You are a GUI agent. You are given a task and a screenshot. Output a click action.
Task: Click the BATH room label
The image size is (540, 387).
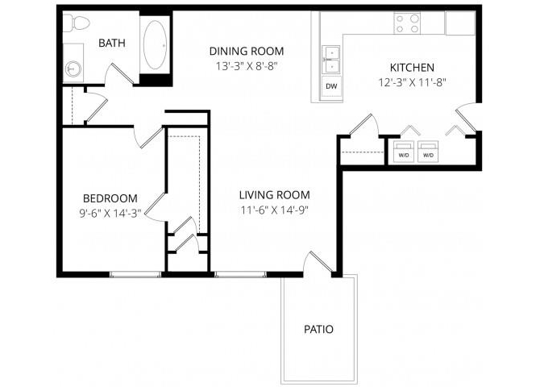coord(111,43)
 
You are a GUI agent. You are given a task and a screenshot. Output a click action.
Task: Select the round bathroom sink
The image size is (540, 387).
coord(73,69)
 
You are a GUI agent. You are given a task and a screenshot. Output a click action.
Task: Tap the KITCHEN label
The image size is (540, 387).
coord(412,68)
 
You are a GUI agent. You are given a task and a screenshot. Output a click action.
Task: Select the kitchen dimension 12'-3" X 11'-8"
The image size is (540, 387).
coord(412,81)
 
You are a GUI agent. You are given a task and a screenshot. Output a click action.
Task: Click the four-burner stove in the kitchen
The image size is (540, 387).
coord(408,23)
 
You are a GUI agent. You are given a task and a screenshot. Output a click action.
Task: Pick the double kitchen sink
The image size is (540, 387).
coord(331,57)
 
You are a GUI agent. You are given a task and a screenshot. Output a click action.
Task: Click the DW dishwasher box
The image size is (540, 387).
coord(331,85)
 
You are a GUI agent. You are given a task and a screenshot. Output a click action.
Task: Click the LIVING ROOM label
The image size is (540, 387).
coord(274,195)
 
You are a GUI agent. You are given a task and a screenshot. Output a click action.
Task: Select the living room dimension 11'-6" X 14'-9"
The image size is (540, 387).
coord(274,210)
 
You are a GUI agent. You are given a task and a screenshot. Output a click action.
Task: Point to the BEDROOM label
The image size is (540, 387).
coord(110,198)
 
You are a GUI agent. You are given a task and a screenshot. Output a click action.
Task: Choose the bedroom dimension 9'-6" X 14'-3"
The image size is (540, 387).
coord(110,213)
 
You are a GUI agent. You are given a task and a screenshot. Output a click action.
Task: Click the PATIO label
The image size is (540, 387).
coord(318,329)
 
